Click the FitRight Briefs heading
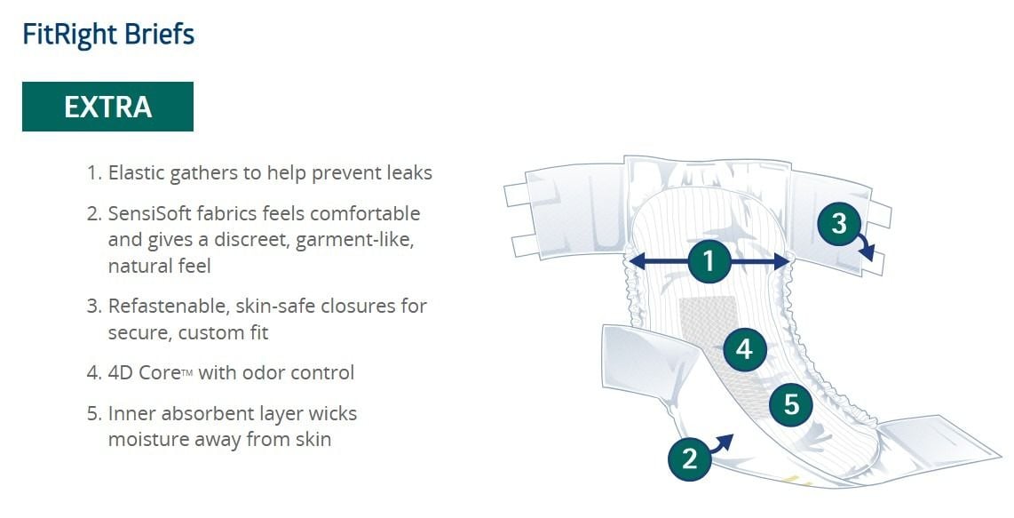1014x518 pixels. [x=108, y=35]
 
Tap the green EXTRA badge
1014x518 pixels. [x=107, y=107]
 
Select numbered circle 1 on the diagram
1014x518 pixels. [x=709, y=261]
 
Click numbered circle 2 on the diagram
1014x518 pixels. [x=689, y=458]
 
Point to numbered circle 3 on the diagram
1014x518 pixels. [x=839, y=223]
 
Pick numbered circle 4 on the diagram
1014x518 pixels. [x=744, y=349]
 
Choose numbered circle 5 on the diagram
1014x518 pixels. [x=791, y=404]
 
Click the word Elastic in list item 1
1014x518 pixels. [x=137, y=173]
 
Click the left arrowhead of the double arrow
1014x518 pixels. [x=637, y=261]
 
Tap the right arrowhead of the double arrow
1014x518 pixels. [x=781, y=261]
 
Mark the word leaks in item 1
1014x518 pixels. [x=408, y=173]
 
